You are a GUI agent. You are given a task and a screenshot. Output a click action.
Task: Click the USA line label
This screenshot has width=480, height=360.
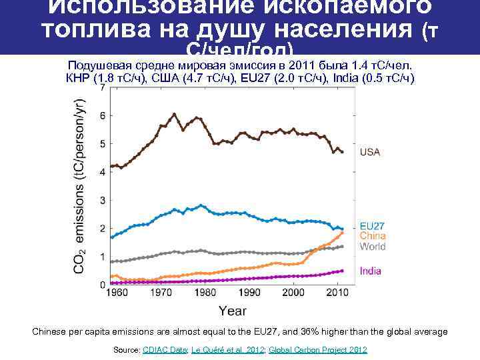[370, 152]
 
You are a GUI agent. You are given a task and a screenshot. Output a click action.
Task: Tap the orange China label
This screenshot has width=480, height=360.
[373, 236]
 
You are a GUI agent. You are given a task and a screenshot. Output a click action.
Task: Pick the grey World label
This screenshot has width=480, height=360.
[373, 247]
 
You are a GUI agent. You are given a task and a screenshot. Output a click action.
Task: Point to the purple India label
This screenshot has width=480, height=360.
[371, 271]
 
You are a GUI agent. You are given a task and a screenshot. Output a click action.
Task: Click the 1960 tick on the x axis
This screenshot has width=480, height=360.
[117, 293]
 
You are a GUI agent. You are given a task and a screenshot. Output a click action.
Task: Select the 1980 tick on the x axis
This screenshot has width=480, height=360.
[205, 293]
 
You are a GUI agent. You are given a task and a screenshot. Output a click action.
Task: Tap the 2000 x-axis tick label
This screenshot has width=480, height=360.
[294, 293]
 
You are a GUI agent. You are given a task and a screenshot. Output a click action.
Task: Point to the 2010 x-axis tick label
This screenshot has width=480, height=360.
[338, 293]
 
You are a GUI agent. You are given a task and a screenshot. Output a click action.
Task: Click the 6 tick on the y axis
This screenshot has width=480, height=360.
[102, 115]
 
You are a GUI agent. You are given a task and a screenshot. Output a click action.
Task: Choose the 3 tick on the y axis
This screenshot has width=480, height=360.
[102, 200]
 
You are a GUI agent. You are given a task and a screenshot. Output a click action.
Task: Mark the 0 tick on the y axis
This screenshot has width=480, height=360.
[102, 285]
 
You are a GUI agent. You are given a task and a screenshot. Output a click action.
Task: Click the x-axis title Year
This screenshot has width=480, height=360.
[233, 310]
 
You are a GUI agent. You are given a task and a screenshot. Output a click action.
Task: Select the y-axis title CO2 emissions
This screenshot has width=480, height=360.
[79, 187]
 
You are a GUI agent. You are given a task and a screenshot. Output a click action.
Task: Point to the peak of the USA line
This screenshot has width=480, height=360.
[175, 114]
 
